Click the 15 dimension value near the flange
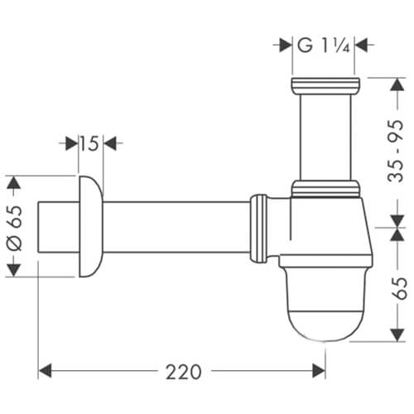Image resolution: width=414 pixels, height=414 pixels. [x=89, y=144]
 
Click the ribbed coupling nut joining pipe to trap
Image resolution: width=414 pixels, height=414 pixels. [x=259, y=226]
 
